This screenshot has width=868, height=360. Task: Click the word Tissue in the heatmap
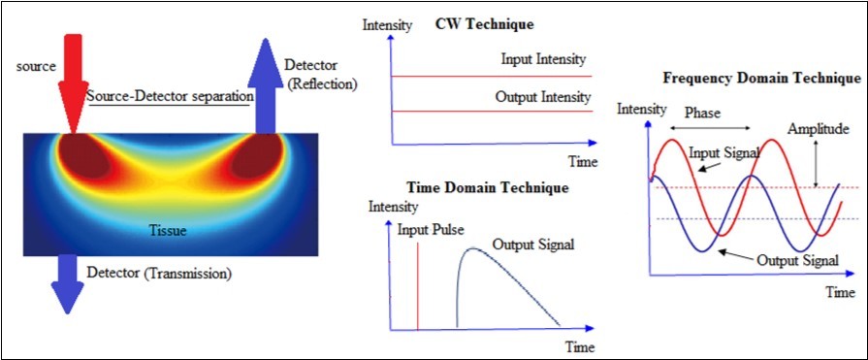coord(166,231)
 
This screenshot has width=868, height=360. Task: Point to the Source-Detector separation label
coord(170,97)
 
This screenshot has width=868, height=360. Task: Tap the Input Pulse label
coord(431,230)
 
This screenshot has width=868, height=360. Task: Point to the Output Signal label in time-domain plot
coord(532,244)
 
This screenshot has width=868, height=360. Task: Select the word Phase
coord(703,112)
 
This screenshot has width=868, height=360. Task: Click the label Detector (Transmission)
coord(159,274)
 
